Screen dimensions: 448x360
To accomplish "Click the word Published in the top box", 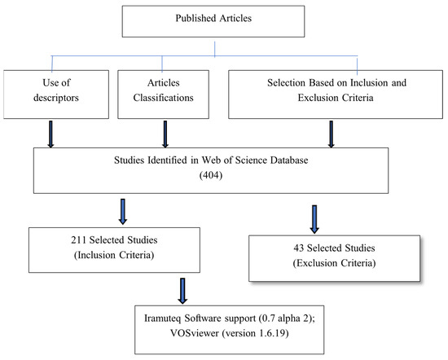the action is click(x=195, y=18).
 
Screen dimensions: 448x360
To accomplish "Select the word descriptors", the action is click(x=56, y=98).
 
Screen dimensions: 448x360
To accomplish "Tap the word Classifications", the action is click(x=163, y=98).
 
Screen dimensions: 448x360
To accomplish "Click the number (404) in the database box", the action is click(x=211, y=175).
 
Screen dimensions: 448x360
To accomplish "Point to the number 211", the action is click(x=78, y=240).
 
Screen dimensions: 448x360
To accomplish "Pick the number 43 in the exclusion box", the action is click(x=299, y=248).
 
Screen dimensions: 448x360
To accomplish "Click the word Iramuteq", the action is click(x=162, y=318).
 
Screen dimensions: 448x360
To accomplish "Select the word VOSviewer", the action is click(x=195, y=333).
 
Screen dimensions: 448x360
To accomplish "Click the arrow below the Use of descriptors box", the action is click(x=51, y=134).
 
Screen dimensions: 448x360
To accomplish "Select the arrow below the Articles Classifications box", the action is click(x=165, y=134).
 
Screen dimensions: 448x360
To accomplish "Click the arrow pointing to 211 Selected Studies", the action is click(x=123, y=212).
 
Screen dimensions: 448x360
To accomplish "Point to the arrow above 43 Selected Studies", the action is click(x=314, y=219).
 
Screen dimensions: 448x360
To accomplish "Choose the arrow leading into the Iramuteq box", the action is click(x=182, y=291).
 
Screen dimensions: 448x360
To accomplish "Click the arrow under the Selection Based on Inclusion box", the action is click(x=332, y=134).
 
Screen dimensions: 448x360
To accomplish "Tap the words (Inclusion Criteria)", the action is click(x=114, y=255).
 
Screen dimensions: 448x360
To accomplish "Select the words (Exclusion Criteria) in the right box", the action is click(x=334, y=263).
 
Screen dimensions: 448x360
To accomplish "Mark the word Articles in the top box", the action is click(x=235, y=18).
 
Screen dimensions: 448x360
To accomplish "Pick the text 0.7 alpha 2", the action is click(x=287, y=318).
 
